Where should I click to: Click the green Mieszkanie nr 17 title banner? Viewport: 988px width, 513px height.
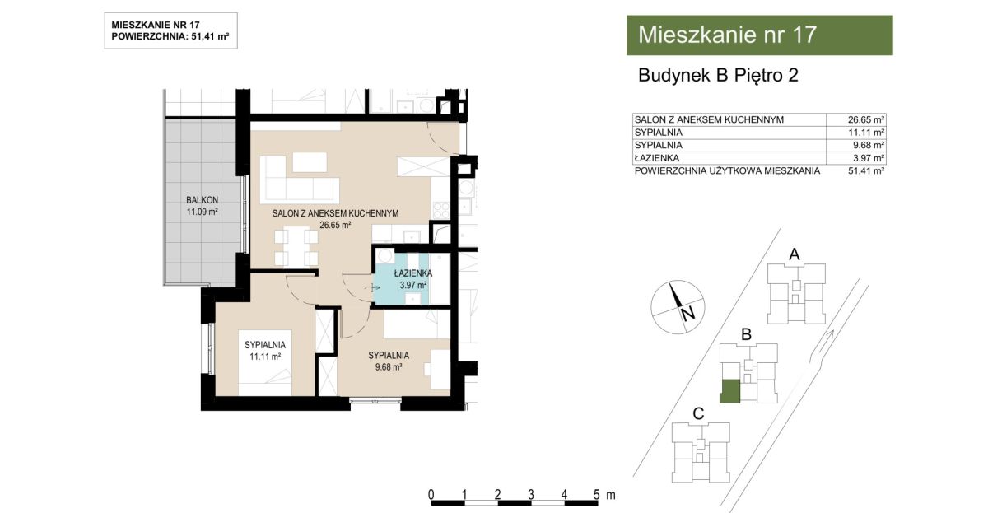(759, 35)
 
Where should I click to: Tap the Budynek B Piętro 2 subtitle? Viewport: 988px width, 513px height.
(718, 76)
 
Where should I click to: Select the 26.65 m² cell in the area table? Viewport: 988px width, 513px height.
(866, 119)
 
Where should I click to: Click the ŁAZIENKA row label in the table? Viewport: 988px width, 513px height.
(657, 158)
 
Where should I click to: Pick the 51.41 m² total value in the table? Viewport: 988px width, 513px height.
(866, 170)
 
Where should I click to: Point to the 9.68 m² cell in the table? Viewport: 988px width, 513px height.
(869, 145)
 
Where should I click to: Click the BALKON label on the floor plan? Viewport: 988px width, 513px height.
(202, 200)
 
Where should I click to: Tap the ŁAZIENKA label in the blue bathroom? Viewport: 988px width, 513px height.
(412, 273)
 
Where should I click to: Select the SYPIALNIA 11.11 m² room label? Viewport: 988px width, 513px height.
(265, 351)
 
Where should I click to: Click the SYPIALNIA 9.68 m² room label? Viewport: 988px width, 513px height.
(389, 361)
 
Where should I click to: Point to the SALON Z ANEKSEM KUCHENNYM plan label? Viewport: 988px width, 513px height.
(335, 213)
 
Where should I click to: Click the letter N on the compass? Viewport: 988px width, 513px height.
(687, 314)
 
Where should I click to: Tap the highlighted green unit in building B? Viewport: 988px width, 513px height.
(729, 392)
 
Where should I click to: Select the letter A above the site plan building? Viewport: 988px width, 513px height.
(794, 254)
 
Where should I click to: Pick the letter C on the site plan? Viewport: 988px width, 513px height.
(698, 413)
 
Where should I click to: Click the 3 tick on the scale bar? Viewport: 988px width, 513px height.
(530, 495)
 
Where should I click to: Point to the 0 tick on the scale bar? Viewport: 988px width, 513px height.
(431, 495)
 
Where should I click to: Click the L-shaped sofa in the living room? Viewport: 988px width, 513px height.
(300, 180)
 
